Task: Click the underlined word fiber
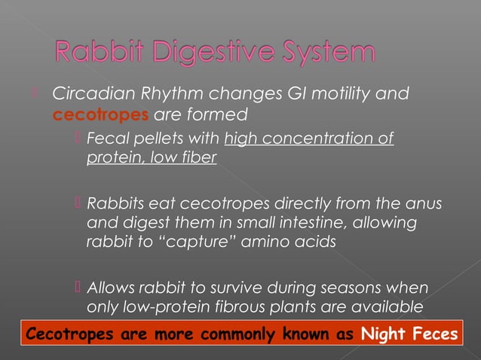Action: tap(198, 160)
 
